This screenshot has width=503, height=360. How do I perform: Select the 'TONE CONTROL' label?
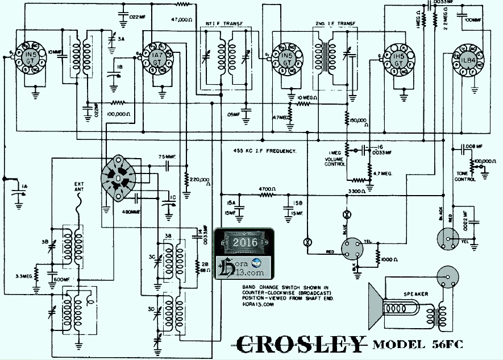click(x=465, y=176)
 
